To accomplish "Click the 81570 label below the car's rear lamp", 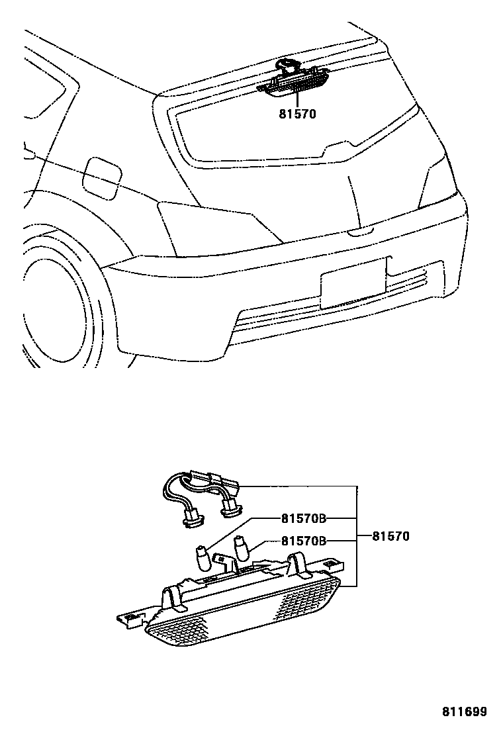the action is click(x=298, y=114).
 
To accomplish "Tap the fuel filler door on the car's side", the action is click(x=101, y=175).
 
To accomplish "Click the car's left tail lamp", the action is click(x=218, y=225).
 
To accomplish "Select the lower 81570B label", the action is click(x=304, y=541).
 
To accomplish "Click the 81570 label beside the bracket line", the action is click(x=390, y=536).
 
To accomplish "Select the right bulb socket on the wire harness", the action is click(x=231, y=509).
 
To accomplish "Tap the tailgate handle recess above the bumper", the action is click(x=361, y=232).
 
